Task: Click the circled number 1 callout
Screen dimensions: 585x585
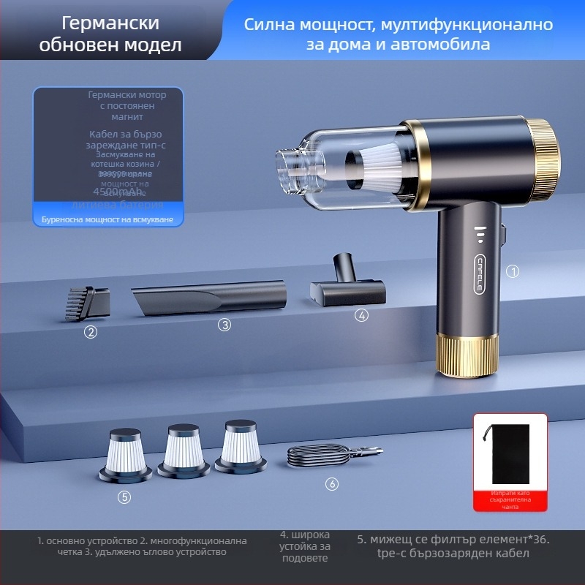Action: (x=513, y=271)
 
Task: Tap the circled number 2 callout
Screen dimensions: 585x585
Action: (x=91, y=332)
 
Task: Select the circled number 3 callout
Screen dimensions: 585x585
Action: (x=224, y=325)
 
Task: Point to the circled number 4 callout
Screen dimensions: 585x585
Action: (x=361, y=316)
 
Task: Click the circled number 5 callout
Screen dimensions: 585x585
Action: (x=125, y=497)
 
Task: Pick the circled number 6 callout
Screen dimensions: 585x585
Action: (x=331, y=484)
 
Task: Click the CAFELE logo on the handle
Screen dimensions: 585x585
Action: (x=480, y=275)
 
